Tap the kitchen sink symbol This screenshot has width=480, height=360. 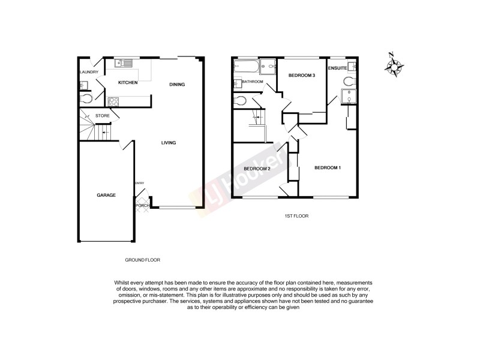pos(125,62)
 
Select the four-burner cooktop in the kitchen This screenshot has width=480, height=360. pos(113,101)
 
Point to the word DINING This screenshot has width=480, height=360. pos(177,85)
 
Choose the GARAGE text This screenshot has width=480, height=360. pos(106,195)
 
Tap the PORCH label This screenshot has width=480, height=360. pos(142,206)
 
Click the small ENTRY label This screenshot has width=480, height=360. pos(139,183)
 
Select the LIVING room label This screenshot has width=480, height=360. pos(168,143)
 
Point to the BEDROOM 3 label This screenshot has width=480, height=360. pos(302,75)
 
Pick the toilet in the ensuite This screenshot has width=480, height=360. pos(349,81)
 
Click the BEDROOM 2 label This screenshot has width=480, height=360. pos(257,169)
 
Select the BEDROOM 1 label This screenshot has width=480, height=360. pos(328,167)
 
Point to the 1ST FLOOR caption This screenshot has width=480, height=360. pos(296,215)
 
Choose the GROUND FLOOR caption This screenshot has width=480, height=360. pos(142,260)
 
